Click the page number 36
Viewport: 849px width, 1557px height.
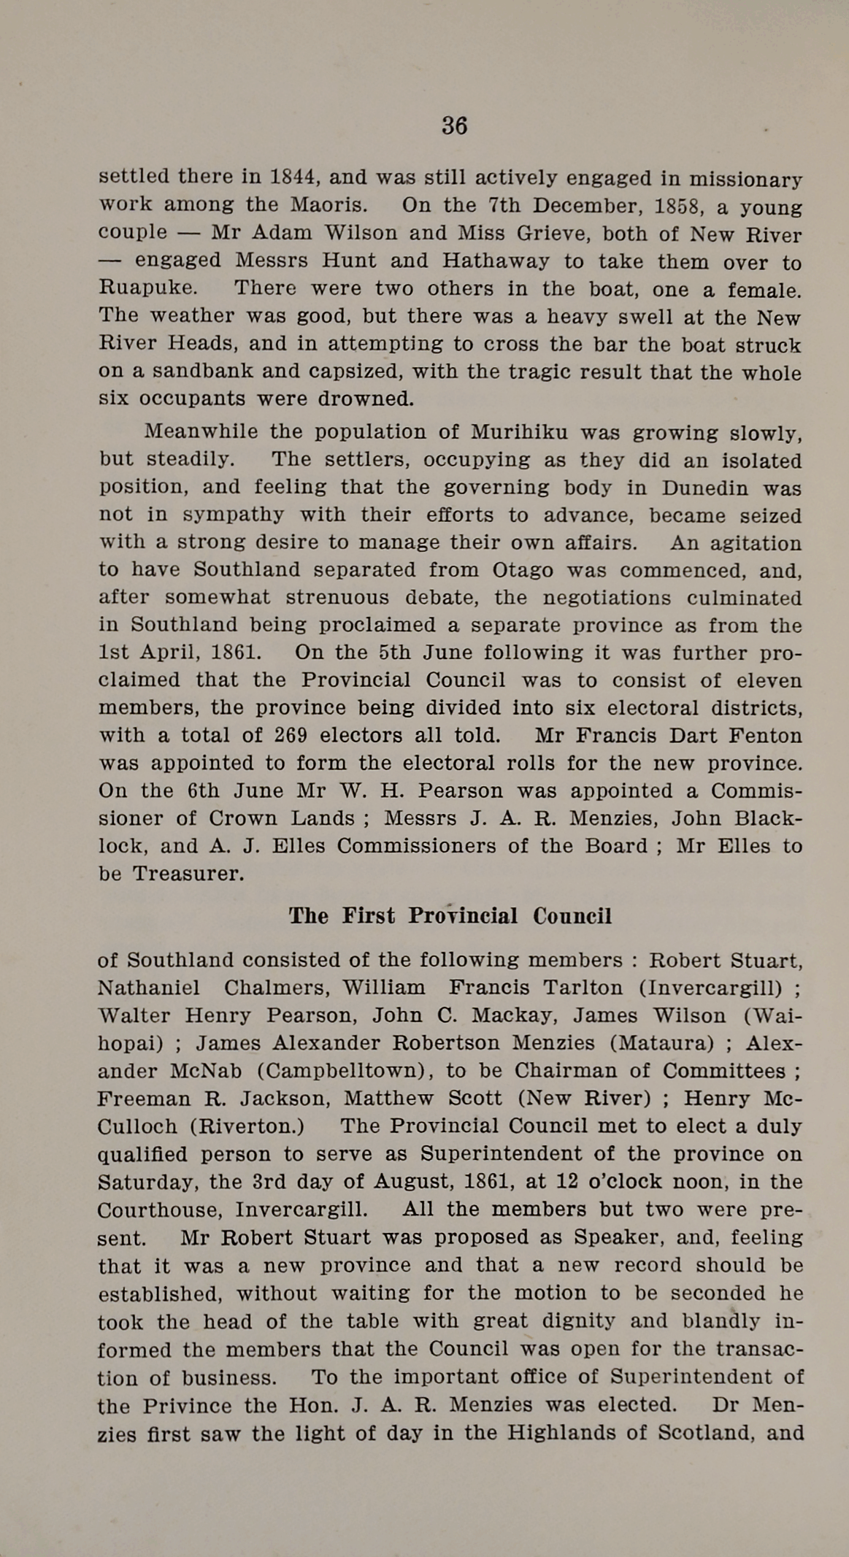(x=454, y=126)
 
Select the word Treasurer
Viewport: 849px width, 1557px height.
(x=188, y=873)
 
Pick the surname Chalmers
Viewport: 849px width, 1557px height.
(x=269, y=988)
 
